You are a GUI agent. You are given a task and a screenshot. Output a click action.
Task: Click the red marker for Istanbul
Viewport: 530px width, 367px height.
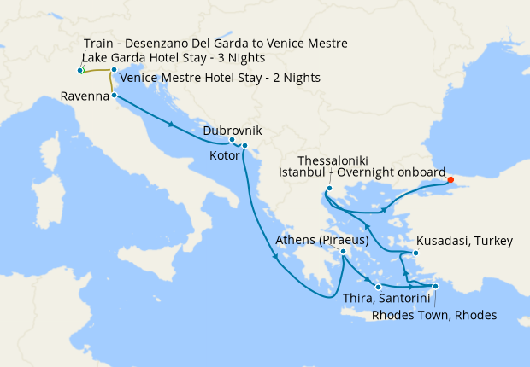click(450, 180)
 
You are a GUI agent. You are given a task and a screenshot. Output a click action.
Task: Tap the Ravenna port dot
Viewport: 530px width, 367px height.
click(114, 96)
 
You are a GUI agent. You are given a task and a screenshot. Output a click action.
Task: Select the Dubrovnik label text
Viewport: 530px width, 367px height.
click(232, 131)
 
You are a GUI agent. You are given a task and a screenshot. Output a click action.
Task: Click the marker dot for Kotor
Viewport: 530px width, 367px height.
click(244, 146)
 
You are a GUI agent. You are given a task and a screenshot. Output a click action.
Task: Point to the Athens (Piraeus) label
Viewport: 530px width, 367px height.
click(322, 242)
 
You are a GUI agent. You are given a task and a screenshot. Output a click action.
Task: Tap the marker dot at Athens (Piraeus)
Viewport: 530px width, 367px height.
click(343, 252)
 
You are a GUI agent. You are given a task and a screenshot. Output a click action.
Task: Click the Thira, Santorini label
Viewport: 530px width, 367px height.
click(381, 298)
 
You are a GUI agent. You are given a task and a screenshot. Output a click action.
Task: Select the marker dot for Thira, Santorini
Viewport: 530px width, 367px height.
click(377, 286)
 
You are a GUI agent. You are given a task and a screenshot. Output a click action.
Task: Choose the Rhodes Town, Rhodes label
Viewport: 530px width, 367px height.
click(434, 314)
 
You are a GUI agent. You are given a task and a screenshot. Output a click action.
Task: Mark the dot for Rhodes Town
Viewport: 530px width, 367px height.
click(434, 287)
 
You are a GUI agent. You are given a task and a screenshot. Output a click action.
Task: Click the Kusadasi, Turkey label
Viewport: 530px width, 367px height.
click(465, 242)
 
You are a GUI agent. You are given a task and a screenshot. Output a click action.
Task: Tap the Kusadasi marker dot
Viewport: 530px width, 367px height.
click(415, 253)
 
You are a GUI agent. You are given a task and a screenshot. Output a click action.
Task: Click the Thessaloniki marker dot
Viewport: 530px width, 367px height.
click(328, 189)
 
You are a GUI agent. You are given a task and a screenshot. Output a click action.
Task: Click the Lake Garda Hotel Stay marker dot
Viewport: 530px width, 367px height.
click(80, 70)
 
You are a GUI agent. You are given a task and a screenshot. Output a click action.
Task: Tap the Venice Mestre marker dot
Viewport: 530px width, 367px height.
click(114, 70)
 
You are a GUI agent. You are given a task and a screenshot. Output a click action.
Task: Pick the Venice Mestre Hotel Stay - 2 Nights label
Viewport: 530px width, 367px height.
click(221, 78)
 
